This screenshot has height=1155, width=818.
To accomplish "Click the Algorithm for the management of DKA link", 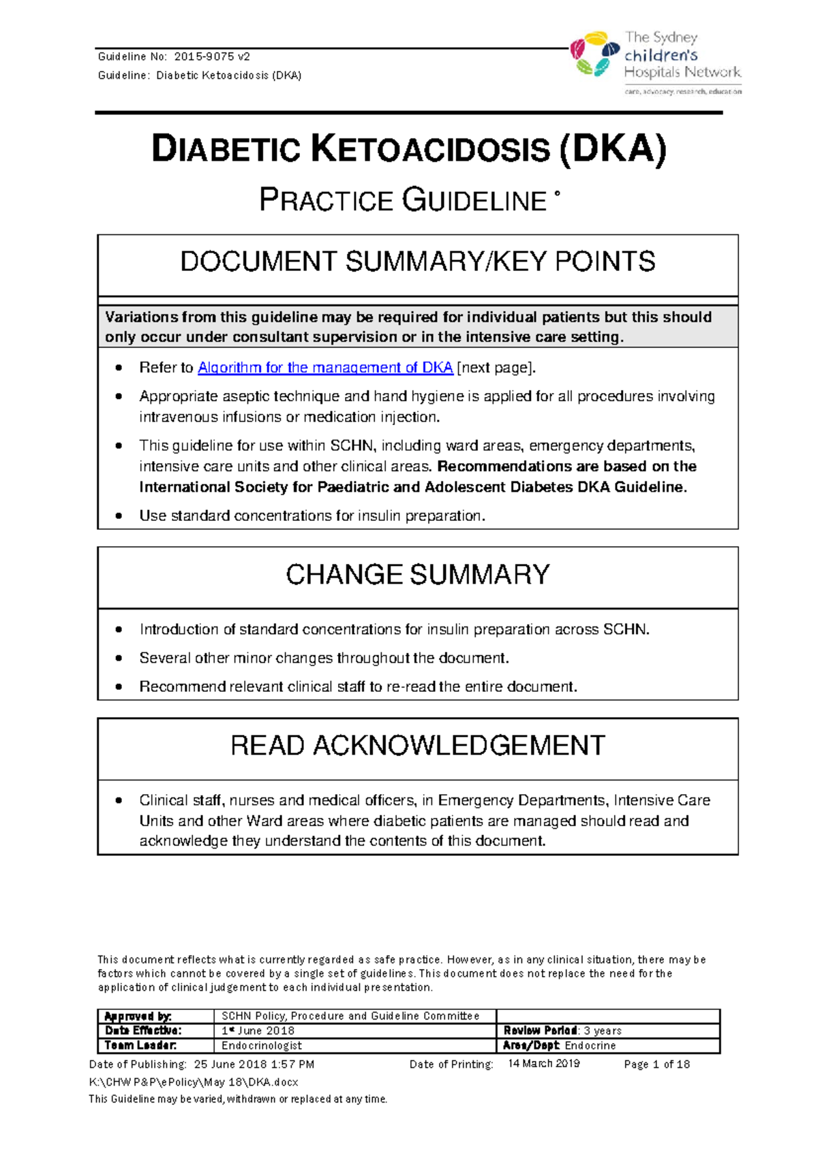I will (325, 368).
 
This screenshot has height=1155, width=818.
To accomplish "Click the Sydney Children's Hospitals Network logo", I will (656, 62).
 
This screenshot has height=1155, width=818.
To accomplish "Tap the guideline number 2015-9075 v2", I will (212, 57).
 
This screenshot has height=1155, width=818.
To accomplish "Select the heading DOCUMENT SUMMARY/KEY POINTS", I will (417, 262).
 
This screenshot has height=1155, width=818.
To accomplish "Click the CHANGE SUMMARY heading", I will (417, 575).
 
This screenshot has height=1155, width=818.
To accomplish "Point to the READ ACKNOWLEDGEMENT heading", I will (417, 746).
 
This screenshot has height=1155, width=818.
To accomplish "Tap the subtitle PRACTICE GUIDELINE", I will (403, 201).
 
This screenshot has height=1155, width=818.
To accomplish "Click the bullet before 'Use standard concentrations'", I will (119, 516).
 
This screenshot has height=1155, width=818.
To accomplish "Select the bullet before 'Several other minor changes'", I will (119, 659).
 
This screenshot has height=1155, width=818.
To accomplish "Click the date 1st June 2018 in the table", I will (258, 1031).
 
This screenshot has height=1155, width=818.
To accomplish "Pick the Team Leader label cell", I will (140, 1045).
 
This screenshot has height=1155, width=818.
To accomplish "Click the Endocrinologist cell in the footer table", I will (262, 1045).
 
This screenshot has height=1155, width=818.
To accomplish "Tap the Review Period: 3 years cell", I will (562, 1031).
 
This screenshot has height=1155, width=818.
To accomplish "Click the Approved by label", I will (138, 1016).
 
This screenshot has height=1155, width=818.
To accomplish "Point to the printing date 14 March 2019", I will (543, 1064).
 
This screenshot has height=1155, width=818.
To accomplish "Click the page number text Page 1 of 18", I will (656, 1064).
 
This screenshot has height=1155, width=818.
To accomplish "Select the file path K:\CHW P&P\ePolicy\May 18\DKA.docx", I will (194, 1082).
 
